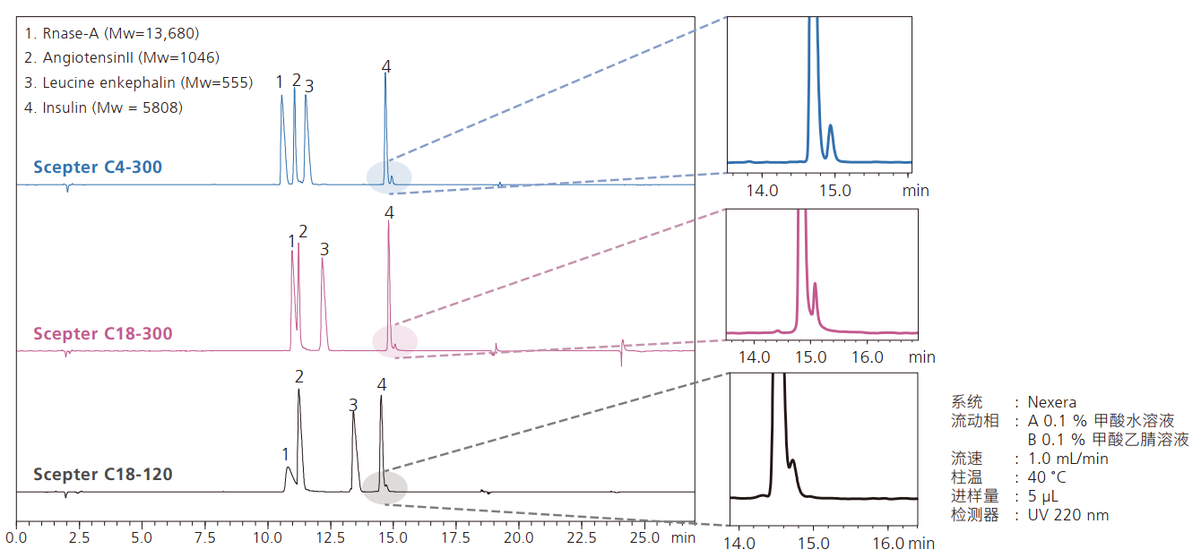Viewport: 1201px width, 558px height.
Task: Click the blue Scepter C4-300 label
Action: click(x=98, y=167)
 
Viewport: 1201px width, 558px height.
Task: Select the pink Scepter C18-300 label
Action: click(x=103, y=334)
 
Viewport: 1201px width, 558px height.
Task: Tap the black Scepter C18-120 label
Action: click(x=103, y=474)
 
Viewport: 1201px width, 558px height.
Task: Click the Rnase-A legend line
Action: click(x=112, y=34)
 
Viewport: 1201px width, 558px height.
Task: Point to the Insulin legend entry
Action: click(x=104, y=108)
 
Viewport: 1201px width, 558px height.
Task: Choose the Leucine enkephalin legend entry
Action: click(x=139, y=83)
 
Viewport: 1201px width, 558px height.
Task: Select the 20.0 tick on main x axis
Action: click(x=518, y=539)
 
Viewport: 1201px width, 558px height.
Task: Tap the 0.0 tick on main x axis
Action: click(x=16, y=539)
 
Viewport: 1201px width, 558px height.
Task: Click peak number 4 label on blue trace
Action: click(x=386, y=66)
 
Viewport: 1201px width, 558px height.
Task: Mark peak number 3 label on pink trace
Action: click(x=324, y=248)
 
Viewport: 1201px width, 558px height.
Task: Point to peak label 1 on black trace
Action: click(x=285, y=454)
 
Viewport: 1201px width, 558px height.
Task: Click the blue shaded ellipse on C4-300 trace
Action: click(x=389, y=176)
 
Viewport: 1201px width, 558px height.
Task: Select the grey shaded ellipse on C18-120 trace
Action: click(x=385, y=487)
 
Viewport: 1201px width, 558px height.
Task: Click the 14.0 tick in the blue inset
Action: click(x=763, y=191)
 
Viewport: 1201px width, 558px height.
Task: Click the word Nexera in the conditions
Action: click(x=1052, y=402)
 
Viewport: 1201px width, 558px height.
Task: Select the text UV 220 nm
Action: click(x=1068, y=515)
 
